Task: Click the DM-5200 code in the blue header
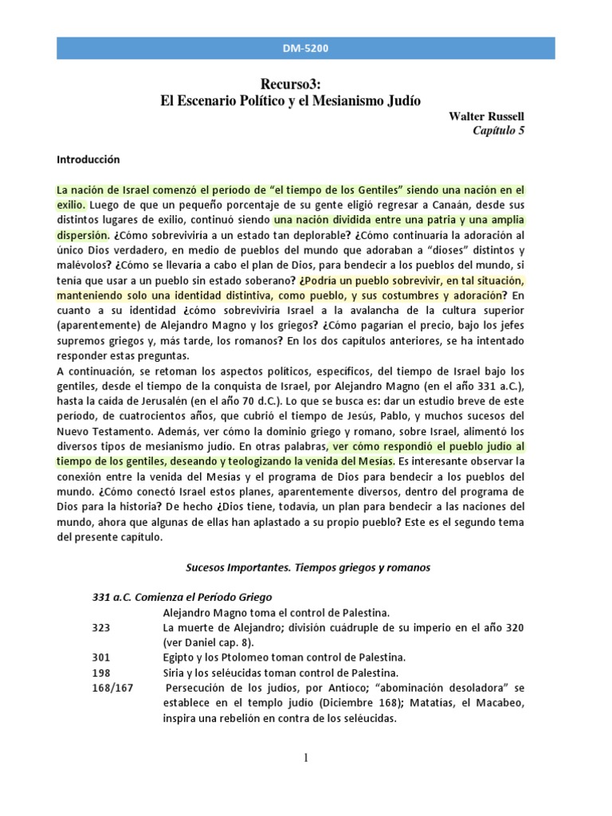(306, 49)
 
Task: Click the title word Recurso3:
(289, 84)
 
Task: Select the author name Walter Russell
(487, 116)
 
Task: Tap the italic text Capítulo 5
(499, 131)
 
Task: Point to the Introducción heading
(88, 159)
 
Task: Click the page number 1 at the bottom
(305, 758)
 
